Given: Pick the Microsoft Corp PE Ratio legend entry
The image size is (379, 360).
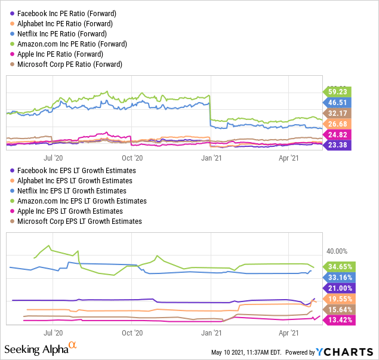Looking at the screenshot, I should coord(70,64).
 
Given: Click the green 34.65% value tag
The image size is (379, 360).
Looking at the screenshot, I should coord(339,266).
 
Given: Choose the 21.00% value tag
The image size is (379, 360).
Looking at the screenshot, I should coord(339,288).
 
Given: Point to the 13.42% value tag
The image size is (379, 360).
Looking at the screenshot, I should coord(339,320).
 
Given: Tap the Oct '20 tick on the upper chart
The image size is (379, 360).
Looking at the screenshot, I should coord(132,158).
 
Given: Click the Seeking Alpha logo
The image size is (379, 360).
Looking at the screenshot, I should coord(40,347).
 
